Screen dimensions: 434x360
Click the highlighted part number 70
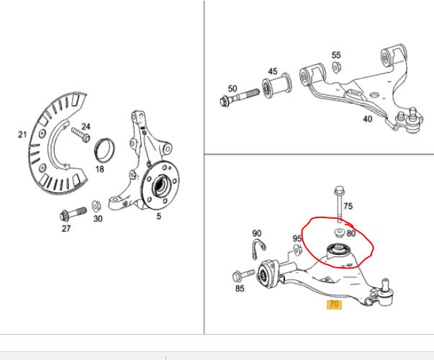(x=334, y=305)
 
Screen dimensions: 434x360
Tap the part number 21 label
(x=22, y=135)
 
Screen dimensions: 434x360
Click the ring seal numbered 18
(x=104, y=150)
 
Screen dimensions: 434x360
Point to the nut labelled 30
(x=96, y=205)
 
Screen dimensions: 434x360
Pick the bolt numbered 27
(x=73, y=214)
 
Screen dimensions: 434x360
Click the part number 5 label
(x=158, y=216)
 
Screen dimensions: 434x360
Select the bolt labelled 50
(x=240, y=97)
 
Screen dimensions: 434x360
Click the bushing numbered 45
(x=277, y=85)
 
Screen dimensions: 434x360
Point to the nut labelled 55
(x=336, y=67)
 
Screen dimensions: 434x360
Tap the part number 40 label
(x=368, y=119)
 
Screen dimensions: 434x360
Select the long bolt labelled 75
(x=339, y=204)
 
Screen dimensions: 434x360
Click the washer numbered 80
(x=339, y=233)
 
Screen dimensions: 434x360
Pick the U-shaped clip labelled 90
(x=259, y=248)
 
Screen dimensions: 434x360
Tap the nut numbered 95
(x=297, y=250)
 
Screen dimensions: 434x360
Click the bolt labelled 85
(x=243, y=275)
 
